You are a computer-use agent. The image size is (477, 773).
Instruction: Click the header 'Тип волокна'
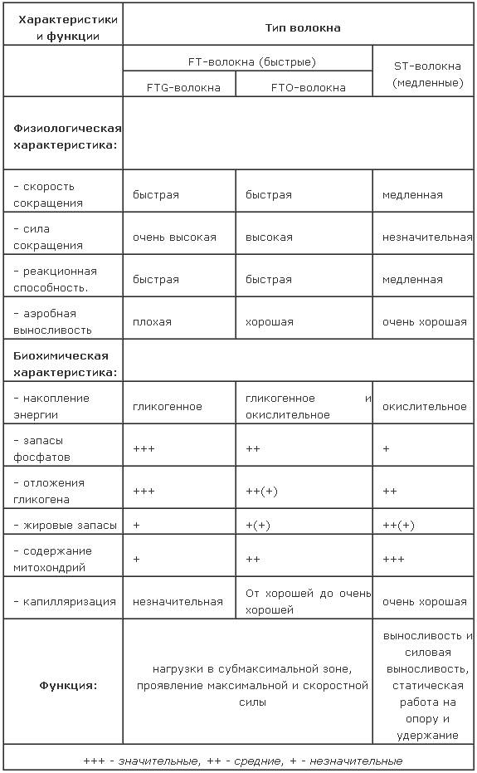(x=302, y=28)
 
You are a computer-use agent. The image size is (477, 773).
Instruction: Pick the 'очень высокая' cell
(x=174, y=237)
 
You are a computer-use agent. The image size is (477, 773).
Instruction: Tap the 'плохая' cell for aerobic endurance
(x=152, y=322)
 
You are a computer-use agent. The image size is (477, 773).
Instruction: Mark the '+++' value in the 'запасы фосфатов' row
(x=144, y=449)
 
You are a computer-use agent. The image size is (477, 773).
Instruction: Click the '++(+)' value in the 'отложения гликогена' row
(x=261, y=492)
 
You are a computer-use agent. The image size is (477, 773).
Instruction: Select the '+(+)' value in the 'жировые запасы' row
(x=258, y=526)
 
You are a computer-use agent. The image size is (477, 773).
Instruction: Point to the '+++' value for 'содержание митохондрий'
(x=393, y=560)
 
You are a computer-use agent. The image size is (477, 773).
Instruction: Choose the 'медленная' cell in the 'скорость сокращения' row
(x=412, y=195)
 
